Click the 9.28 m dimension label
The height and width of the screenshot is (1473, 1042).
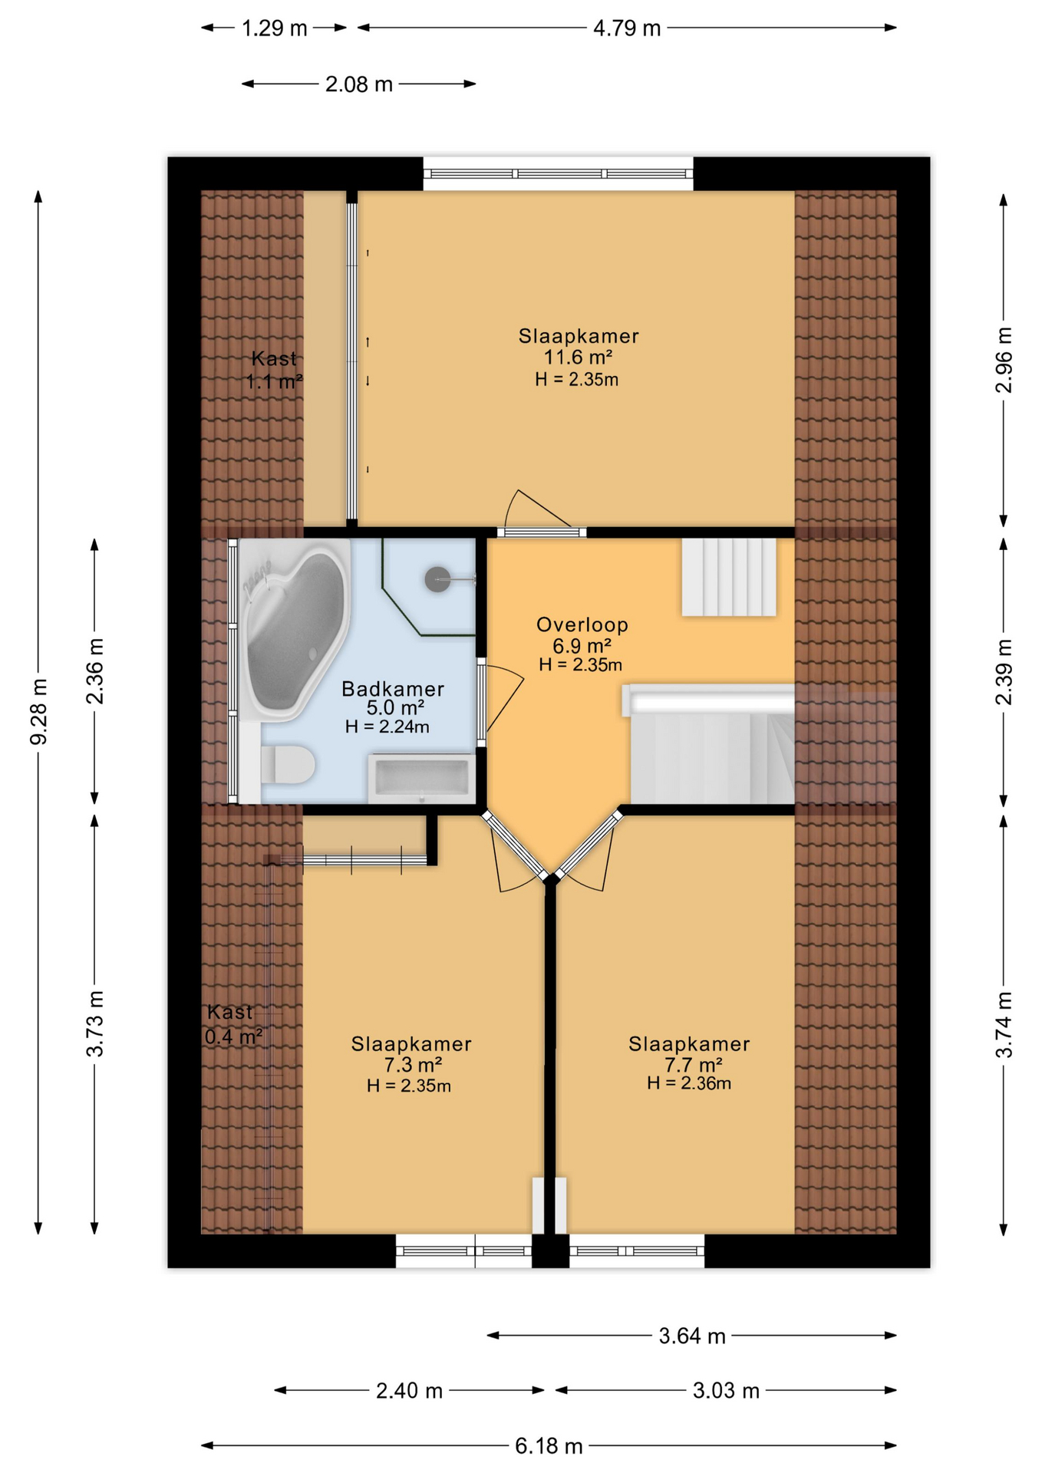39,710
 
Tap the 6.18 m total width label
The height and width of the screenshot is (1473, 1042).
549,1446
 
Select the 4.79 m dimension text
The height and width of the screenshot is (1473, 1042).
627,28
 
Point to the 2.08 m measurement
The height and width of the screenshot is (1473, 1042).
358,84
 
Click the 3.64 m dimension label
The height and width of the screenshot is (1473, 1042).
692,1336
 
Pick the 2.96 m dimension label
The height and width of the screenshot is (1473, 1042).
1004,360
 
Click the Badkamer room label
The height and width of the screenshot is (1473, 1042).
393,688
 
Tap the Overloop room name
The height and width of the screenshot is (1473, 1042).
582,624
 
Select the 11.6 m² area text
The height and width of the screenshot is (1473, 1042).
578,357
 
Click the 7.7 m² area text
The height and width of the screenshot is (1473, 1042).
693,1064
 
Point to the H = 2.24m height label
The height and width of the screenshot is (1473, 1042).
387,727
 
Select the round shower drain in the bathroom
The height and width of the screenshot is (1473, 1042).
437,579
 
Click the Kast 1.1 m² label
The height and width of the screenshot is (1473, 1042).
274,370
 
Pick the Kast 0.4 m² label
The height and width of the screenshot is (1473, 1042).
232,1024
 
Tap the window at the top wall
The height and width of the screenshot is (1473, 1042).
558,174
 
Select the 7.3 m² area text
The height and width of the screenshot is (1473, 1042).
412,1064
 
